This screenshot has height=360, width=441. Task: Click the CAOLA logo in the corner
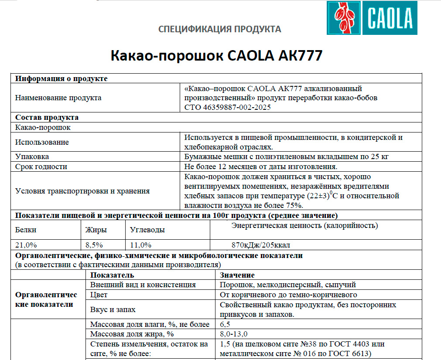372,18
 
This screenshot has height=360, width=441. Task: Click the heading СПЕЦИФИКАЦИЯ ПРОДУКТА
220,30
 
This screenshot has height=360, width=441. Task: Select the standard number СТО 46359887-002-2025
228,108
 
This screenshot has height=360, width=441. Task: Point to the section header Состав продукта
47,118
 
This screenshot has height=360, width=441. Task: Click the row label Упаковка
32,156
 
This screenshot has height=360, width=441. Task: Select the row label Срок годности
41,166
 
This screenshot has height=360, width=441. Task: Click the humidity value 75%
294,205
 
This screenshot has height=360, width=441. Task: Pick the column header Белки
26,230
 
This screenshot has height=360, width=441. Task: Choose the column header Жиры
96,230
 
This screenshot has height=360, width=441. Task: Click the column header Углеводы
147,230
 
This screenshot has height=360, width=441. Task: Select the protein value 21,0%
26,245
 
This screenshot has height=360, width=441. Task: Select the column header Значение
237,275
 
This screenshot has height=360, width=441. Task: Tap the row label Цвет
99,295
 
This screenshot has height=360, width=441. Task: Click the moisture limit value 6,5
225,324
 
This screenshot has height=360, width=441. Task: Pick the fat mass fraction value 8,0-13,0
234,334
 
